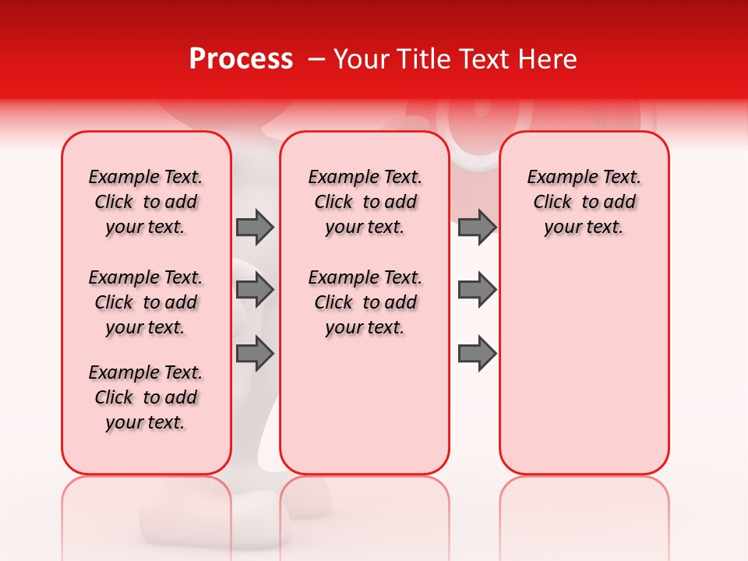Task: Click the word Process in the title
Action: (241, 59)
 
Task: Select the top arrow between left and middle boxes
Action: (255, 227)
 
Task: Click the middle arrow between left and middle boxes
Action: (255, 290)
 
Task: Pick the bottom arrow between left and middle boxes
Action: (255, 353)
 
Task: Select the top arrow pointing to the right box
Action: (477, 227)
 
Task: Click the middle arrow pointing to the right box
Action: (477, 290)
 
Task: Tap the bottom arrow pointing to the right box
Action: (477, 353)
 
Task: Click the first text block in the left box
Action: (146, 202)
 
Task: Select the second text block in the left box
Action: (146, 302)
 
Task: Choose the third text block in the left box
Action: (146, 397)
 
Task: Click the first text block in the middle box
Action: (365, 202)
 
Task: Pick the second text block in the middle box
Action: (365, 302)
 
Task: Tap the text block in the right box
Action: (584, 202)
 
